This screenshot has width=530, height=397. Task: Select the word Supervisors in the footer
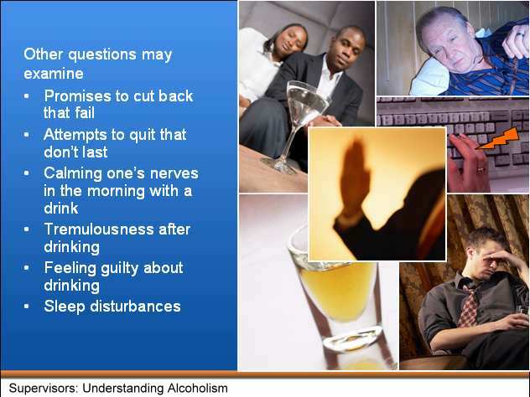coord(44,389)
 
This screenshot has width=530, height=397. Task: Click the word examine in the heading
coord(54,74)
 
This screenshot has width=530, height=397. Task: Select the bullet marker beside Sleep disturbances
coord(27,307)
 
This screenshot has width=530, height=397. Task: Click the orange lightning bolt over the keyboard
coord(498,138)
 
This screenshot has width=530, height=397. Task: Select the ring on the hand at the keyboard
coord(480,169)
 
